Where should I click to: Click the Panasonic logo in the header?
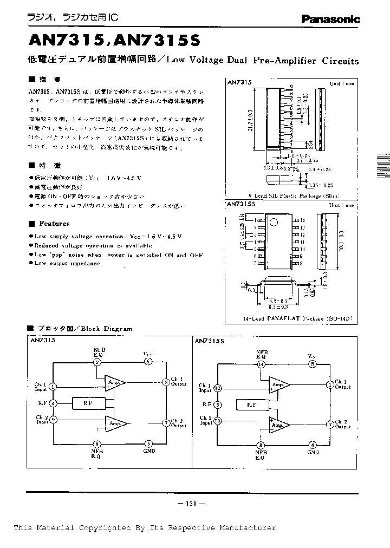(330, 19)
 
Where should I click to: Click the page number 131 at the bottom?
(190, 504)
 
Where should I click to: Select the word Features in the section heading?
(54, 224)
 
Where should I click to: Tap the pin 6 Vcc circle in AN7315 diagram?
(148, 362)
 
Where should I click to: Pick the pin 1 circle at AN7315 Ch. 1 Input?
(53, 386)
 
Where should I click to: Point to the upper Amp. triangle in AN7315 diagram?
(114, 382)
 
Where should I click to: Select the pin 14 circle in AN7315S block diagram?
(261, 364)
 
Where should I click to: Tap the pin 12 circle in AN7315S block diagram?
(218, 388)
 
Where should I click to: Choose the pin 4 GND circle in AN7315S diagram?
(313, 444)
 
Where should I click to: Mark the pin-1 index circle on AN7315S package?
(274, 221)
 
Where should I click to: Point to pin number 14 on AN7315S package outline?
(303, 220)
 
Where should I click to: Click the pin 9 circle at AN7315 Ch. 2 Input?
(53, 419)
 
